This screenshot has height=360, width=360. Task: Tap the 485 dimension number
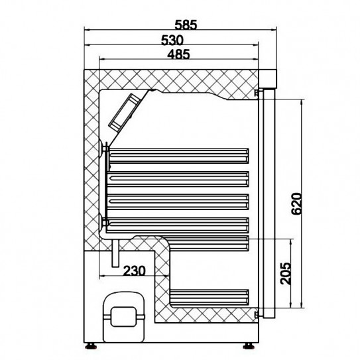[177, 56]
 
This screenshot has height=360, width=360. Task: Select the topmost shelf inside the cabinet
[179, 155]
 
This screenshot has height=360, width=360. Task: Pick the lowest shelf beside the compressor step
[209, 296]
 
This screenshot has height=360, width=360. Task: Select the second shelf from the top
[179, 177]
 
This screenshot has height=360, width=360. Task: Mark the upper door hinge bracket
[257, 94]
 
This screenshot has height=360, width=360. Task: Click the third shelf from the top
[179, 199]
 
